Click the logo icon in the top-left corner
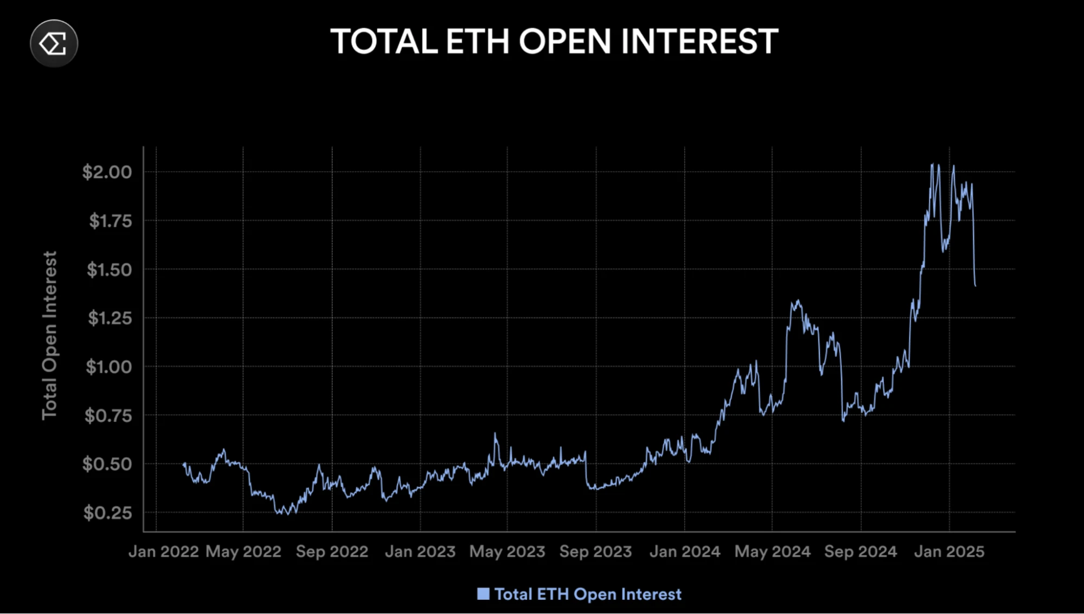point(54,43)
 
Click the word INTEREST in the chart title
point(700,42)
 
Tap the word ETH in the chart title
point(477,42)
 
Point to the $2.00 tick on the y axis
point(107,172)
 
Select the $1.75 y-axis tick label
point(110,221)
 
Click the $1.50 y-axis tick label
point(109,270)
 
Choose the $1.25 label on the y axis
point(110,318)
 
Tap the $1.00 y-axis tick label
point(108,367)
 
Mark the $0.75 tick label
point(108,416)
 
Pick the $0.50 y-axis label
point(107,464)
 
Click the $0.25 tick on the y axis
point(107,512)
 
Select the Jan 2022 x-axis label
point(164,552)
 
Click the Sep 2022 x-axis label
point(332,552)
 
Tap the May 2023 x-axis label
point(507,552)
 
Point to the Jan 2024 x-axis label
point(685,552)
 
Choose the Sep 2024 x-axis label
point(861,552)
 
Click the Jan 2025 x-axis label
point(949,552)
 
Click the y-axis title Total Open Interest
point(49,335)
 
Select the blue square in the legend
point(483,594)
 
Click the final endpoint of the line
point(976,286)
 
